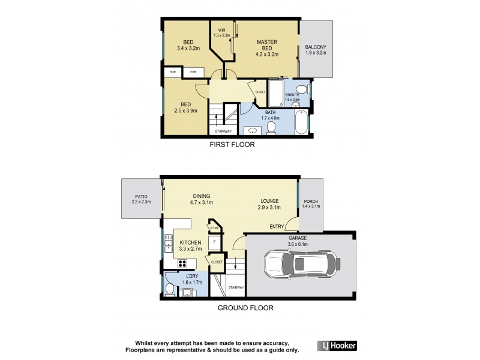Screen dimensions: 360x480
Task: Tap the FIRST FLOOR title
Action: (x=232, y=145)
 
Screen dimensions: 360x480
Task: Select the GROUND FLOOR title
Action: (x=245, y=308)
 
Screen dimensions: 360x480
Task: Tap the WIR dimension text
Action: (x=222, y=35)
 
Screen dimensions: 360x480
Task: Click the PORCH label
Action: (x=311, y=201)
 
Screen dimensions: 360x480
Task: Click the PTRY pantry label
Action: (x=214, y=228)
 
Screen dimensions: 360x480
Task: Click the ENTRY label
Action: (x=277, y=226)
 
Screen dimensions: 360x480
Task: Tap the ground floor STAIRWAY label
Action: (x=236, y=288)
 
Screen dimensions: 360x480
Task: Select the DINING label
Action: (x=202, y=196)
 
